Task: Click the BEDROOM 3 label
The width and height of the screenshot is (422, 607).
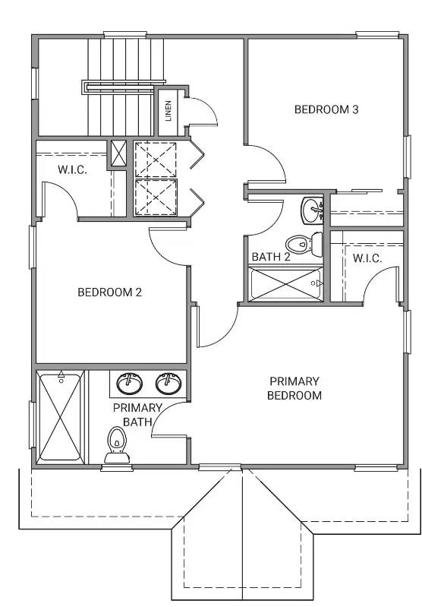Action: click(x=326, y=109)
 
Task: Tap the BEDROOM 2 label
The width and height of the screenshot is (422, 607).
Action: click(x=110, y=292)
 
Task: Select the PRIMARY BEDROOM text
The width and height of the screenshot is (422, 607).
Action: click(x=294, y=388)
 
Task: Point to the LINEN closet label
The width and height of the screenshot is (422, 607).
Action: click(x=168, y=111)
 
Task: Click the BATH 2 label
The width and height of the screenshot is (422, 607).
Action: click(x=271, y=257)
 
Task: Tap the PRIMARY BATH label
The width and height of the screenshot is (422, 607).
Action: click(x=137, y=415)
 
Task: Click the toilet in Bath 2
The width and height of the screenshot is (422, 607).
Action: click(x=304, y=245)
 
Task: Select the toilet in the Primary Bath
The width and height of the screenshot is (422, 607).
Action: click(x=117, y=444)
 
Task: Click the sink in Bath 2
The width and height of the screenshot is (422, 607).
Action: click(x=312, y=210)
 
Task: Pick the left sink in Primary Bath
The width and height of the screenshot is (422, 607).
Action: click(x=130, y=383)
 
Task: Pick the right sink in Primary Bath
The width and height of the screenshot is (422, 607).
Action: click(x=168, y=383)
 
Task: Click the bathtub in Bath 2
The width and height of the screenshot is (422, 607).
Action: click(x=285, y=284)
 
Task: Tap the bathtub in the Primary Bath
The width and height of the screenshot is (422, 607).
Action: click(x=61, y=416)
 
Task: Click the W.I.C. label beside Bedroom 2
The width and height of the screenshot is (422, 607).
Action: click(x=72, y=169)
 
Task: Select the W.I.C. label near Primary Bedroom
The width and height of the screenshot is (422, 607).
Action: click(x=367, y=258)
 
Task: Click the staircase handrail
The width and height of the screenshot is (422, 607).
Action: click(x=124, y=87)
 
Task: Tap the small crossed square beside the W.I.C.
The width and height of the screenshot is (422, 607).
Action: click(x=118, y=153)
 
